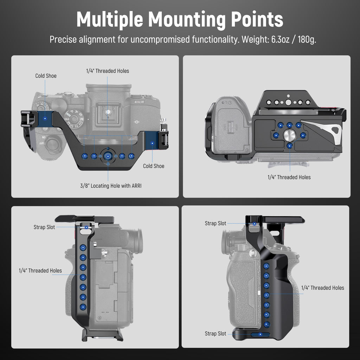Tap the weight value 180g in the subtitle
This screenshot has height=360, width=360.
[307, 39]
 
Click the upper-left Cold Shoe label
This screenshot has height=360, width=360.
[46, 76]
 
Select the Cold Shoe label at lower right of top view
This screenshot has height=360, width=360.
[154, 166]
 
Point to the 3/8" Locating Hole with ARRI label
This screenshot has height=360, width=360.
[111, 186]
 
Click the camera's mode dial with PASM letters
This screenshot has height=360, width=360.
[74, 119]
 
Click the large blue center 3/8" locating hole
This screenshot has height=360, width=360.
[108, 156]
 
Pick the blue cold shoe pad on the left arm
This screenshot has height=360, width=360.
[45, 118]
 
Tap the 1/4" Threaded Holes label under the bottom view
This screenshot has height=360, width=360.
[289, 177]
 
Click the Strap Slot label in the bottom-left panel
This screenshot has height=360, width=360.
[44, 227]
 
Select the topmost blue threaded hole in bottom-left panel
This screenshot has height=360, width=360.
[83, 247]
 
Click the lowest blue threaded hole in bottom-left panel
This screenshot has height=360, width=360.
[83, 307]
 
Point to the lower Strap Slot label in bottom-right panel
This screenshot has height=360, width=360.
[216, 334]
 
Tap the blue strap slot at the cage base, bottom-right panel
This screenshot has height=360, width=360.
[261, 334]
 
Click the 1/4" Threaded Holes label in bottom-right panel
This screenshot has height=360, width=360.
[323, 288]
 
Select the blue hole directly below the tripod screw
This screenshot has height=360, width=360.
[290, 146]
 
